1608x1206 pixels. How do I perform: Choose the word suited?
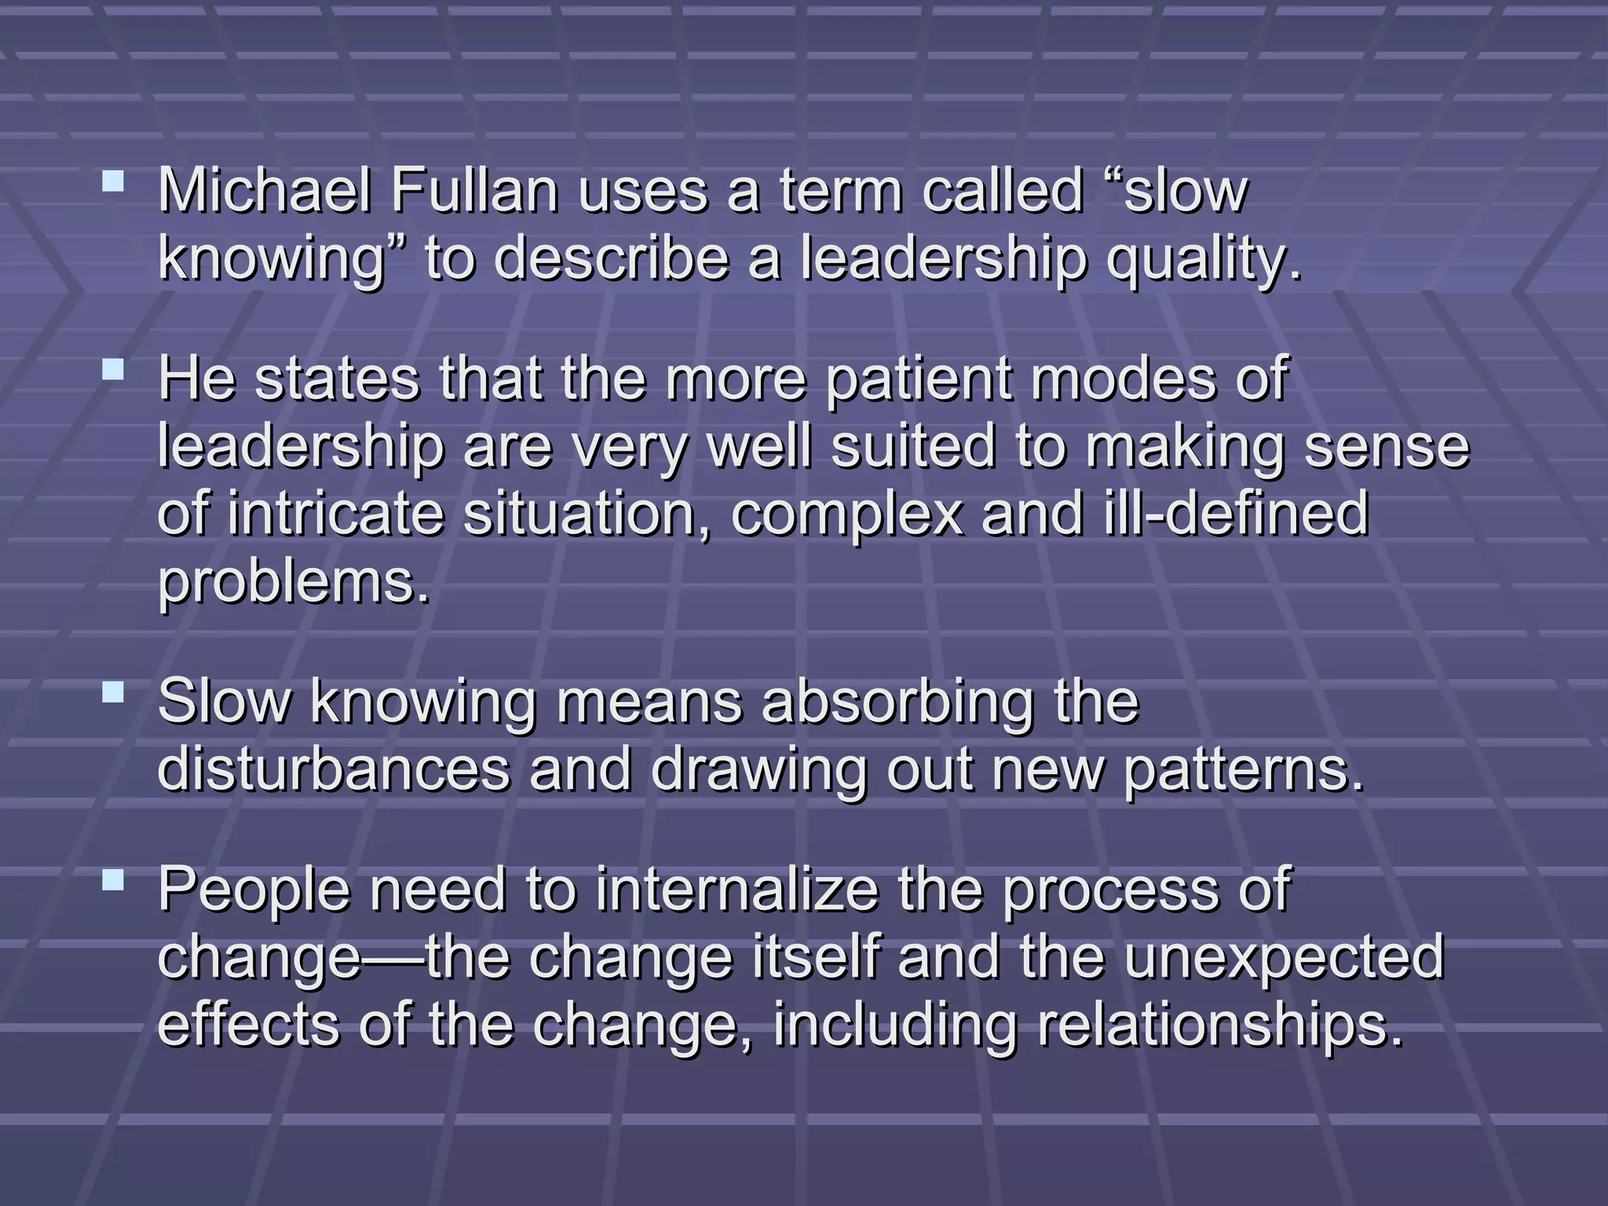pyautogui.click(x=913, y=447)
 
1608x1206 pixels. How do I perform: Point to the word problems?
pyautogui.click(x=294, y=582)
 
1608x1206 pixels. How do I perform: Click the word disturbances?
pyautogui.click(x=334, y=769)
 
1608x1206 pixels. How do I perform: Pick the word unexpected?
pyautogui.click(x=1285, y=956)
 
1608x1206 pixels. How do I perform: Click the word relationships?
pyautogui.click(x=1220, y=1024)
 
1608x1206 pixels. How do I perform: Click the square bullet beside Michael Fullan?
pyautogui.click(x=113, y=183)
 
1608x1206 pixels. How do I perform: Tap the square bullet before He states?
pyautogui.click(x=113, y=370)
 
